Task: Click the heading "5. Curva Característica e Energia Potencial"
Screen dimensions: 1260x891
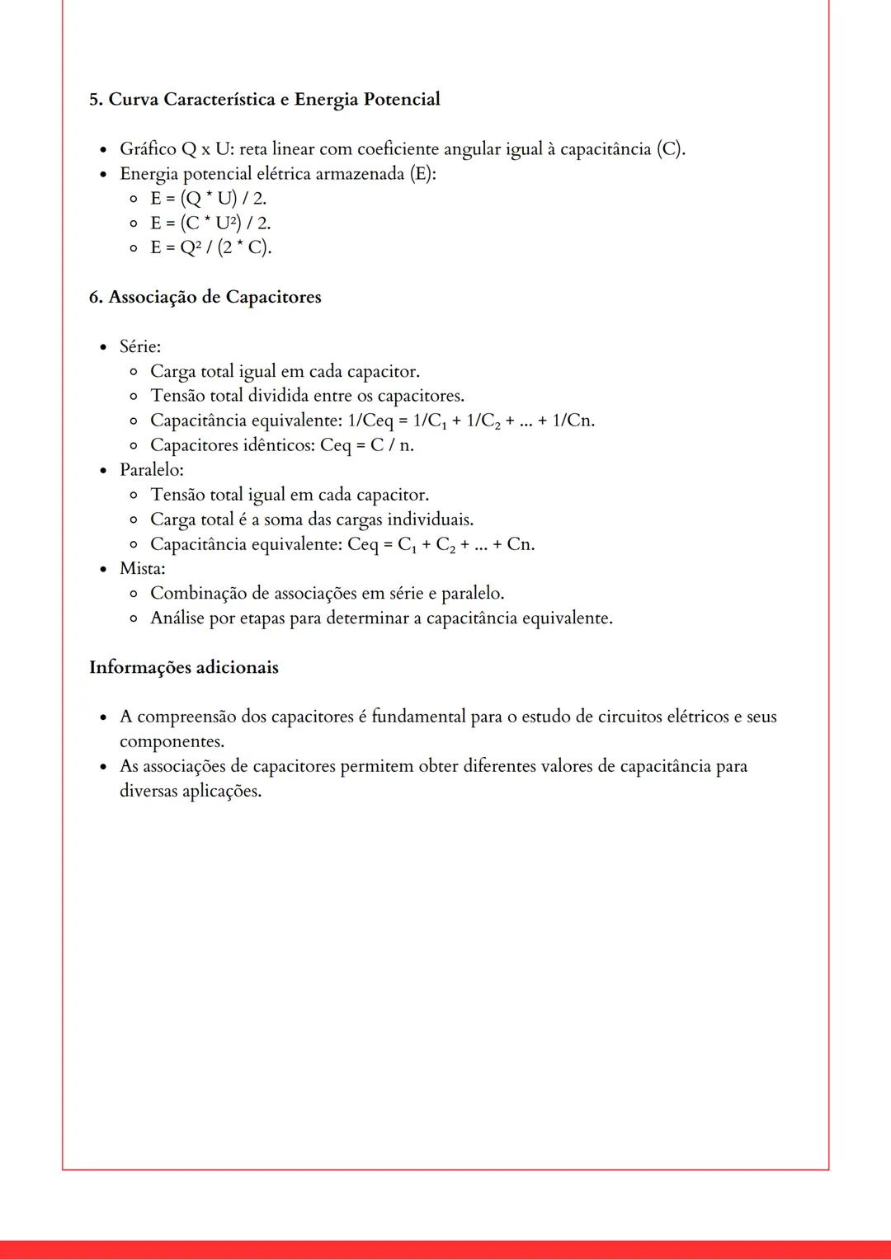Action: click(x=264, y=100)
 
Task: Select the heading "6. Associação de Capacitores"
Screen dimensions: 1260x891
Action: click(x=205, y=298)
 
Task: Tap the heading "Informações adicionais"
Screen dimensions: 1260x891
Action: click(x=183, y=668)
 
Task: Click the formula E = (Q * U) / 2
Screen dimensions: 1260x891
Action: click(x=208, y=199)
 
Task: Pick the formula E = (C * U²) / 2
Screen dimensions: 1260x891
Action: click(x=210, y=223)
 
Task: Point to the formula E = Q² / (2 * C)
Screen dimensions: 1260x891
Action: click(x=210, y=248)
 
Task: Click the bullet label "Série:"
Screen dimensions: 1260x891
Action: click(x=139, y=347)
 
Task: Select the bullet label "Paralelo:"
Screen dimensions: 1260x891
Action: click(x=151, y=470)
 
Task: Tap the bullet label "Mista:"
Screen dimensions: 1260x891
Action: click(x=142, y=569)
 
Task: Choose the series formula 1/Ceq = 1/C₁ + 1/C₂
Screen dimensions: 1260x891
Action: click(x=470, y=421)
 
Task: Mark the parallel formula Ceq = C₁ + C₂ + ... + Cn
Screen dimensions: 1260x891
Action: click(x=441, y=545)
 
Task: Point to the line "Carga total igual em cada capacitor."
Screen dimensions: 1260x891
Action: click(x=285, y=372)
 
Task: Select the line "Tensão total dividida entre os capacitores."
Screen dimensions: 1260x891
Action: click(x=307, y=397)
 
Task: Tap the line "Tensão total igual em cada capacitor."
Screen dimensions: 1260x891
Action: click(x=289, y=496)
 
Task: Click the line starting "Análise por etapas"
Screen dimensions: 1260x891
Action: click(x=381, y=618)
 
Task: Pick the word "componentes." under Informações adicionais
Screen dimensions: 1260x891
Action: click(x=172, y=742)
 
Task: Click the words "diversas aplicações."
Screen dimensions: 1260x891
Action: click(x=190, y=792)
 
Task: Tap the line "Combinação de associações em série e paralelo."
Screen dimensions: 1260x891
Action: click(x=327, y=594)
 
